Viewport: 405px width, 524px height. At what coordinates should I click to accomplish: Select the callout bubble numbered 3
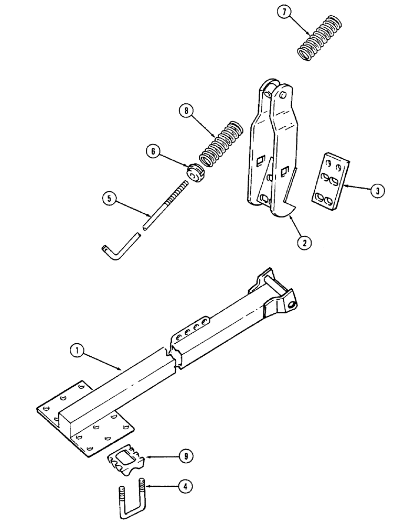click(x=377, y=191)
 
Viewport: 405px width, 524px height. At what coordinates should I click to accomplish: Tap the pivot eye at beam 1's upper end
click(x=290, y=302)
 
